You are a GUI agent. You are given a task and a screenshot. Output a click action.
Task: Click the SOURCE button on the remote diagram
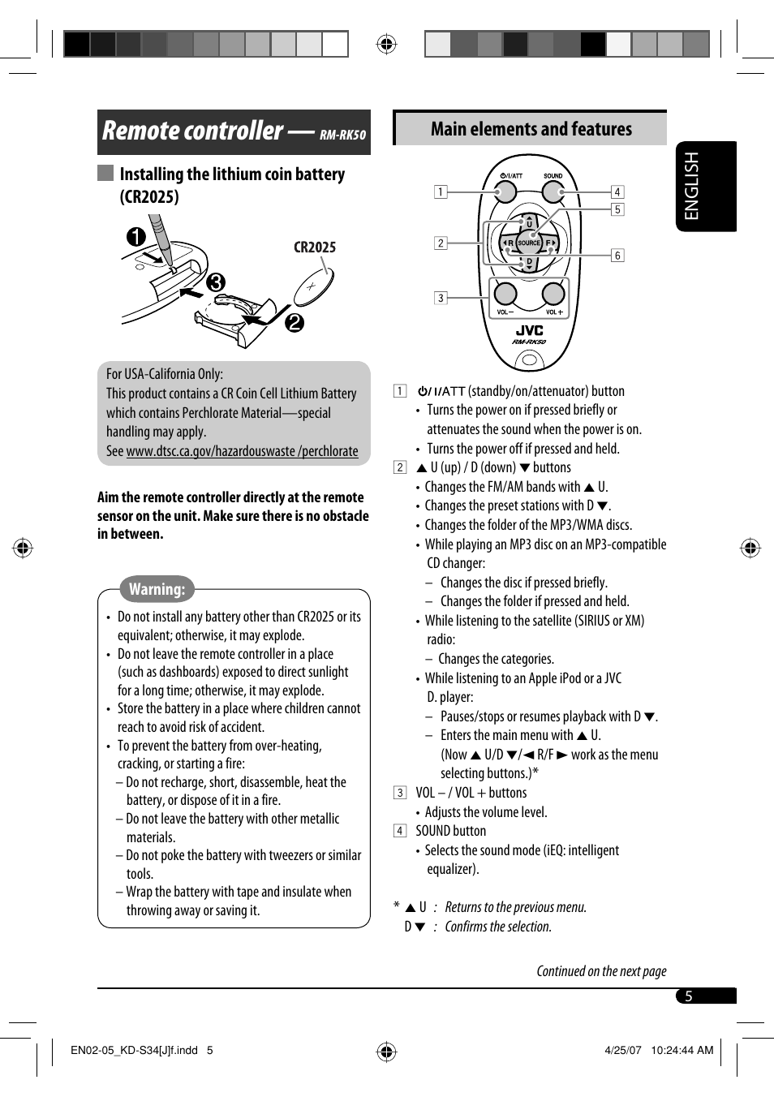click(x=528, y=243)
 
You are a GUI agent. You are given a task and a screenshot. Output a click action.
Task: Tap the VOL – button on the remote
click(x=505, y=294)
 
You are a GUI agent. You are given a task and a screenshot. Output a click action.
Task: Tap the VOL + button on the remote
click(x=553, y=294)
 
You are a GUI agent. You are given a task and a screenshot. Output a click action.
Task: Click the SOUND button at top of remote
click(x=553, y=191)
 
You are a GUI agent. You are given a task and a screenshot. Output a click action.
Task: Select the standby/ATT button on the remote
click(x=505, y=191)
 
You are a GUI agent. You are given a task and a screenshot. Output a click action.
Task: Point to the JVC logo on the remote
click(x=529, y=330)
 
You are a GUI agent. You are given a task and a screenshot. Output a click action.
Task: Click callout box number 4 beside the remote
click(x=617, y=192)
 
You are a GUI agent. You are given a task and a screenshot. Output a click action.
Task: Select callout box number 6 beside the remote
click(x=617, y=256)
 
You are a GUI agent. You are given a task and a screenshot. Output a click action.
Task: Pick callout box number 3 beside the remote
click(x=441, y=298)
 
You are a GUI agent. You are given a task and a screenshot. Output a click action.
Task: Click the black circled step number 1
click(x=136, y=237)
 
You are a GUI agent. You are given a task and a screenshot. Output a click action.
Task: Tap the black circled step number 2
click(x=294, y=322)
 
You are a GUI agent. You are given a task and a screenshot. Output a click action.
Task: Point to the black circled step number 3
click(x=215, y=282)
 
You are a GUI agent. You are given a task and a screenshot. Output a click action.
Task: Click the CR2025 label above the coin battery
click(x=315, y=247)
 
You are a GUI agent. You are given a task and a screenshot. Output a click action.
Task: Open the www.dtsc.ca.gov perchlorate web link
click(x=242, y=451)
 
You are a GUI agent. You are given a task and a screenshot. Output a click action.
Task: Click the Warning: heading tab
click(x=157, y=589)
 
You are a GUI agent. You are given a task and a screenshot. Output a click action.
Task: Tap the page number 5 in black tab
click(x=689, y=996)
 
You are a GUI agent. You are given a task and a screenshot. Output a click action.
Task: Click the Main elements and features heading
click(x=531, y=129)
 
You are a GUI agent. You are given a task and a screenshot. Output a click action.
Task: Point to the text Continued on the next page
click(x=601, y=971)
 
